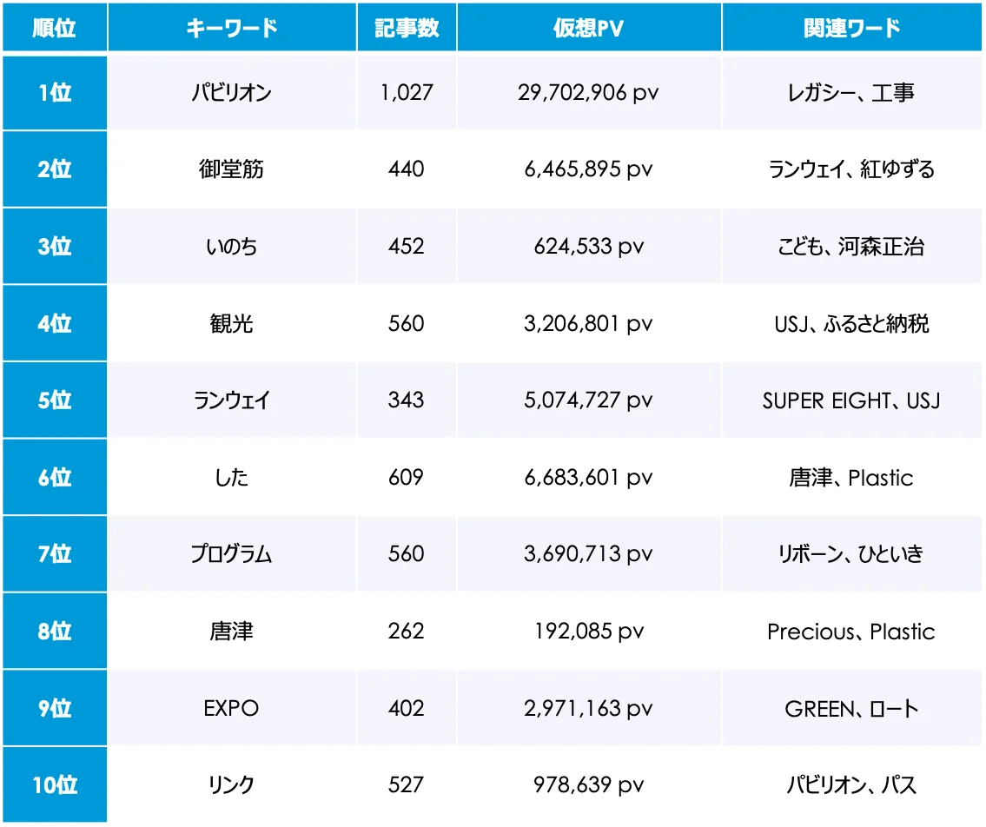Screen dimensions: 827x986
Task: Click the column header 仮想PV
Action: [588, 28]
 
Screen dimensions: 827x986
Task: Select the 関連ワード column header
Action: [851, 28]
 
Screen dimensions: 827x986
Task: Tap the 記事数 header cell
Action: [407, 28]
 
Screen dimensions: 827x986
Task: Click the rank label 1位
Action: [55, 93]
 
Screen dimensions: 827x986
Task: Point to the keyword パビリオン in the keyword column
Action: [232, 93]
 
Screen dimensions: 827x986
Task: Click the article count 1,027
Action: [407, 93]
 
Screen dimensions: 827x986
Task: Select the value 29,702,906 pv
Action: [588, 93]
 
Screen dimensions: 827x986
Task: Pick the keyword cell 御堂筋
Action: [232, 169]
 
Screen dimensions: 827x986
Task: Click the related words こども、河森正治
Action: [851, 247]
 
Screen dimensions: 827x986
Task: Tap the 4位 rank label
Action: [55, 324]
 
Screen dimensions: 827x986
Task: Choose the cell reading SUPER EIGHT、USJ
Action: [851, 400]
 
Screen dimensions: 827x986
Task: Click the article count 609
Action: [407, 478]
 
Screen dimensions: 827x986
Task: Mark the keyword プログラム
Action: [232, 554]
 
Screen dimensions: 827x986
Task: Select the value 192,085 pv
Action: [588, 632]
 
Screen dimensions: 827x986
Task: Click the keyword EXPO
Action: [232, 709]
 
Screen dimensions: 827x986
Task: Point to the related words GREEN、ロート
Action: [851, 709]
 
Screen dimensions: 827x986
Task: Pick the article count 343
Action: [407, 400]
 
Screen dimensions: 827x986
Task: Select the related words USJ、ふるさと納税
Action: [851, 324]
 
